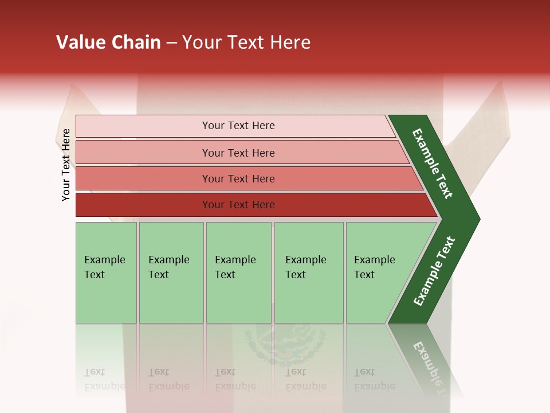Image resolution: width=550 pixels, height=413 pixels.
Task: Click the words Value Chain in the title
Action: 108,42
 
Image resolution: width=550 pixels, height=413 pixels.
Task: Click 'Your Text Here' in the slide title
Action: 246,42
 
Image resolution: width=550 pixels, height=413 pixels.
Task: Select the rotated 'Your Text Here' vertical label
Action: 66,165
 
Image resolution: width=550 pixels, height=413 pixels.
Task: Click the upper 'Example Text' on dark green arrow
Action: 433,163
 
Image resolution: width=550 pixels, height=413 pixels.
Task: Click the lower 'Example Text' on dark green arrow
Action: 434,271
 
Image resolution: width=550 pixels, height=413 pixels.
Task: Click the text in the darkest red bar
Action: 238,205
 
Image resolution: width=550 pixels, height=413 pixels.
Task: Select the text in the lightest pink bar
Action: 238,126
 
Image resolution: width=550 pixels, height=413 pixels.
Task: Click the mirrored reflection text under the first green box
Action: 104,379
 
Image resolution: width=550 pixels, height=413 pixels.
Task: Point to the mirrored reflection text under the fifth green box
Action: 375,379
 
